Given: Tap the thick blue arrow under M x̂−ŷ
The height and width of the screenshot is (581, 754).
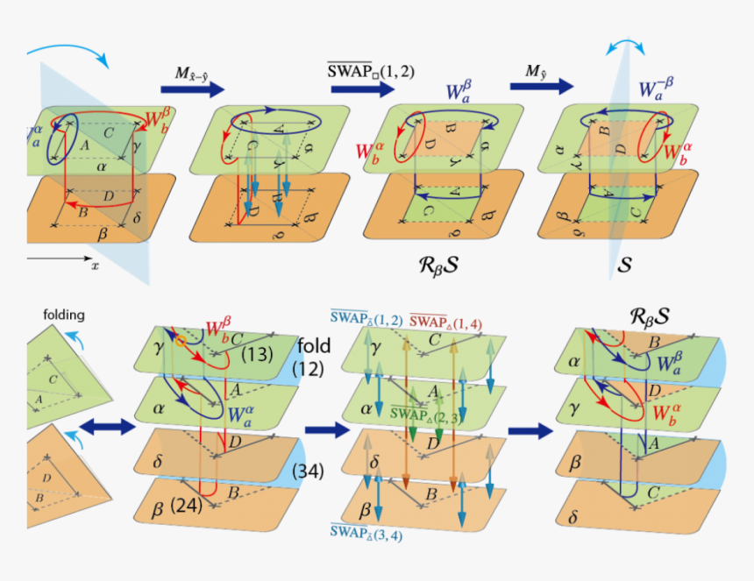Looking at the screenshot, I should pyautogui.click(x=192, y=89).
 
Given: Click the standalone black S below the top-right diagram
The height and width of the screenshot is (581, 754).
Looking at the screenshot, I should pyautogui.click(x=624, y=261).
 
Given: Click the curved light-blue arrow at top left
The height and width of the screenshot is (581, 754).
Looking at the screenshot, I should pyautogui.click(x=74, y=50).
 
